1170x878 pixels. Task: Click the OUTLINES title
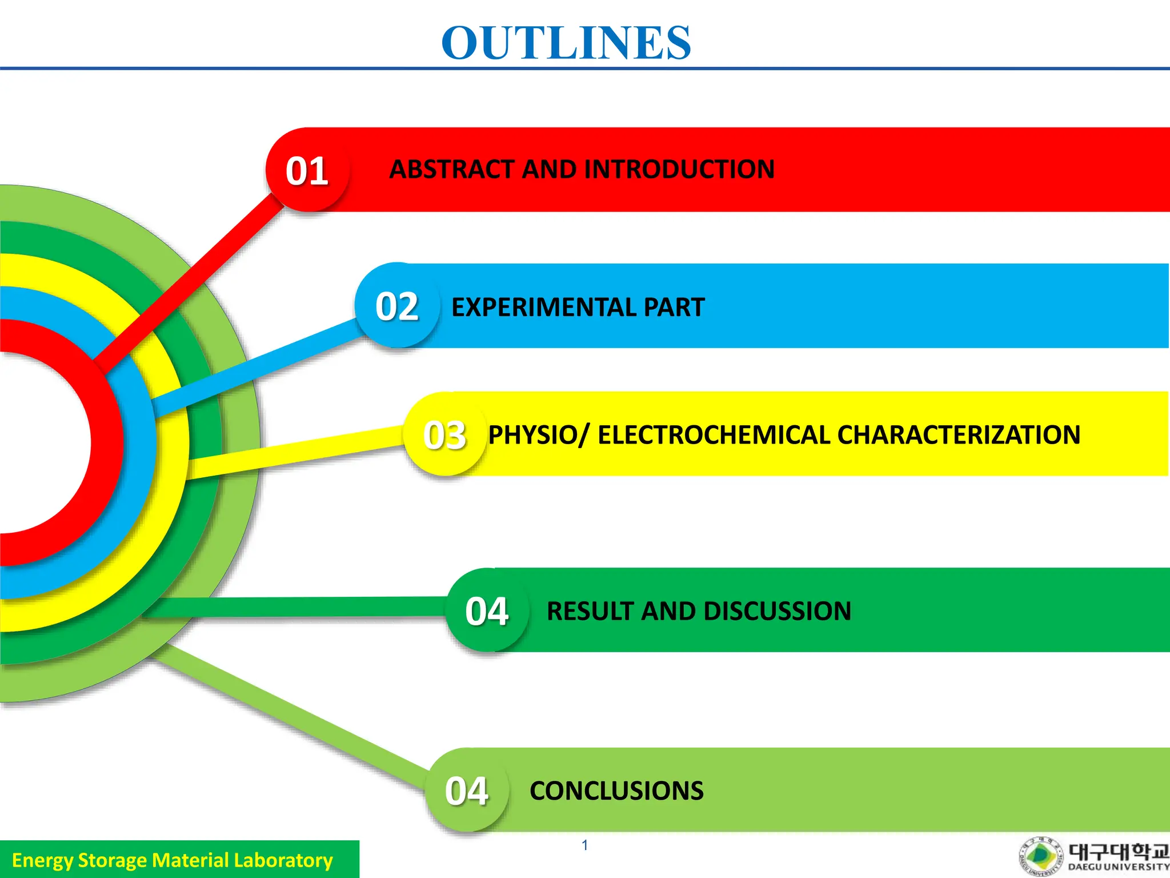pos(566,43)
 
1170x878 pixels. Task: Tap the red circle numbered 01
pos(307,170)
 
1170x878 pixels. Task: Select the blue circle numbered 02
pos(397,306)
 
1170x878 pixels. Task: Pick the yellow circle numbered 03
pos(445,434)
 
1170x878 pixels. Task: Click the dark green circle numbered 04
pos(487,610)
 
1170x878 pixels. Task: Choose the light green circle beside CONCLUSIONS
pos(467,791)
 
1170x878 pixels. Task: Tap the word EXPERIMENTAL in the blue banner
pos(543,307)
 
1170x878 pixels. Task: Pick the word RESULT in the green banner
pos(589,611)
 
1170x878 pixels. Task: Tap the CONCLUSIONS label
pos(616,791)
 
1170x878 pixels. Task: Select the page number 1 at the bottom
pos(584,845)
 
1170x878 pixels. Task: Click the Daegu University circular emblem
pos(1041,857)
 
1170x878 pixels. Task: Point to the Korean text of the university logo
pos(1118,852)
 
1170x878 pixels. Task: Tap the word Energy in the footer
pos(42,860)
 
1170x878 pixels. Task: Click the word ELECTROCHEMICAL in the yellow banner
pos(714,435)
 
